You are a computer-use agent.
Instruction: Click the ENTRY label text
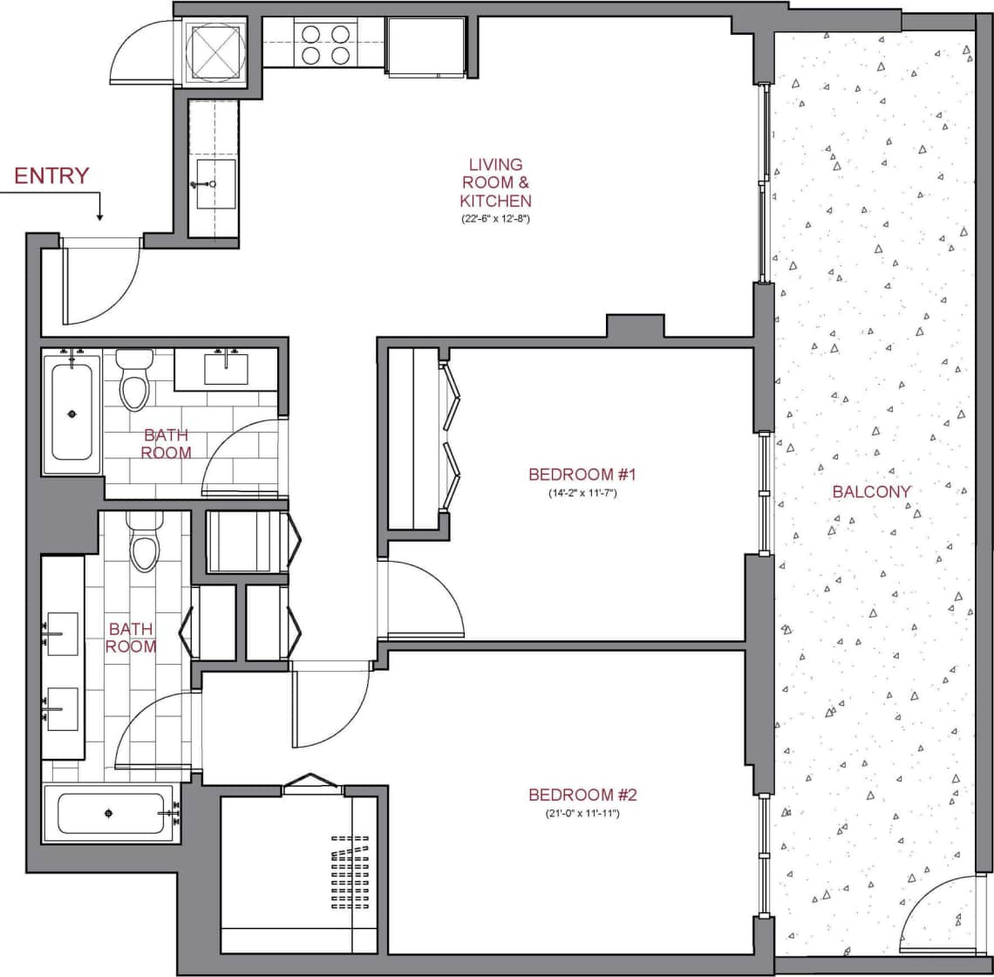[51, 175]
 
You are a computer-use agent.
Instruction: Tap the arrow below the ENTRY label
[99, 209]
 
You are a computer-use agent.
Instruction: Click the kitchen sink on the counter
[214, 184]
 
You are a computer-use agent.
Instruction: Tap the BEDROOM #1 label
[584, 475]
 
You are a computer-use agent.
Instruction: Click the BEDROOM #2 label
[584, 795]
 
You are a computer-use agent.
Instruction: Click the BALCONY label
[871, 491]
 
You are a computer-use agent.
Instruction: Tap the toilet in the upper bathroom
[135, 381]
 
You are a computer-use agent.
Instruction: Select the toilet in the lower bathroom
[145, 543]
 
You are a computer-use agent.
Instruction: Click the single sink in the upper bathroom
[226, 369]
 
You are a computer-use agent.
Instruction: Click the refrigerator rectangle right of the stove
[426, 47]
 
